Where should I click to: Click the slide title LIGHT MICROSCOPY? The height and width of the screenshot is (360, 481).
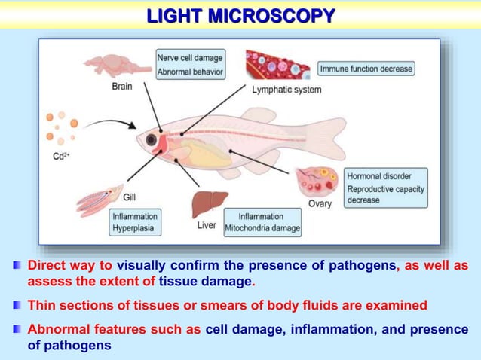pyautogui.click(x=240, y=16)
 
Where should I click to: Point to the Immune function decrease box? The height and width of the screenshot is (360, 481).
pyautogui.click(x=366, y=69)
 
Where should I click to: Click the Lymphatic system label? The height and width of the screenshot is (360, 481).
pyautogui.click(x=286, y=90)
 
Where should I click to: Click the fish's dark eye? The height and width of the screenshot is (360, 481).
pyautogui.click(x=152, y=139)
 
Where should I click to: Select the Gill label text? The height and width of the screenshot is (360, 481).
pyautogui.click(x=129, y=197)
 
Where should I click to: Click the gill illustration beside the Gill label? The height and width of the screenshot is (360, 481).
pyautogui.click(x=98, y=201)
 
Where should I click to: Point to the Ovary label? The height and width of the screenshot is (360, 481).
pyautogui.click(x=320, y=204)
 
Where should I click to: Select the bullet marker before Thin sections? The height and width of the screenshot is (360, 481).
pyautogui.click(x=17, y=306)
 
